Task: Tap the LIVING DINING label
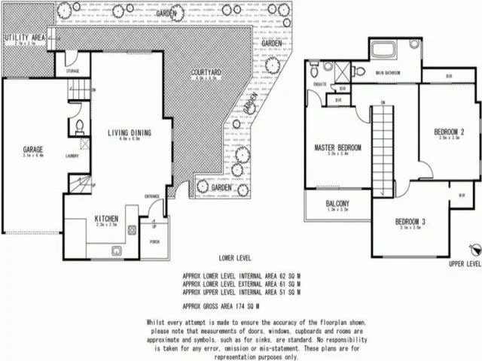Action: click(x=130, y=132)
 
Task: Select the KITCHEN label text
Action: click(x=107, y=218)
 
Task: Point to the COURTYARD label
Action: click(x=206, y=72)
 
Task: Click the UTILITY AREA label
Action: click(x=24, y=37)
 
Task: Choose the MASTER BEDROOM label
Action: click(x=337, y=147)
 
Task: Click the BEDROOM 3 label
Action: click(x=411, y=221)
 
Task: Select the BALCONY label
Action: click(x=337, y=204)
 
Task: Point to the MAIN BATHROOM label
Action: click(x=389, y=73)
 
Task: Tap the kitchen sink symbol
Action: click(x=117, y=250)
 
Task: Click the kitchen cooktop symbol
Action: click(x=130, y=229)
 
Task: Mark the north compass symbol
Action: click(x=474, y=250)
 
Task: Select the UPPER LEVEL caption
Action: click(x=464, y=265)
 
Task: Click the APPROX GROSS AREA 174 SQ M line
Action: click(x=221, y=307)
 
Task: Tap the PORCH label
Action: click(x=155, y=241)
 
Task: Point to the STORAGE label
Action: click(x=73, y=71)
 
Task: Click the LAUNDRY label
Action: click(x=72, y=156)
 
